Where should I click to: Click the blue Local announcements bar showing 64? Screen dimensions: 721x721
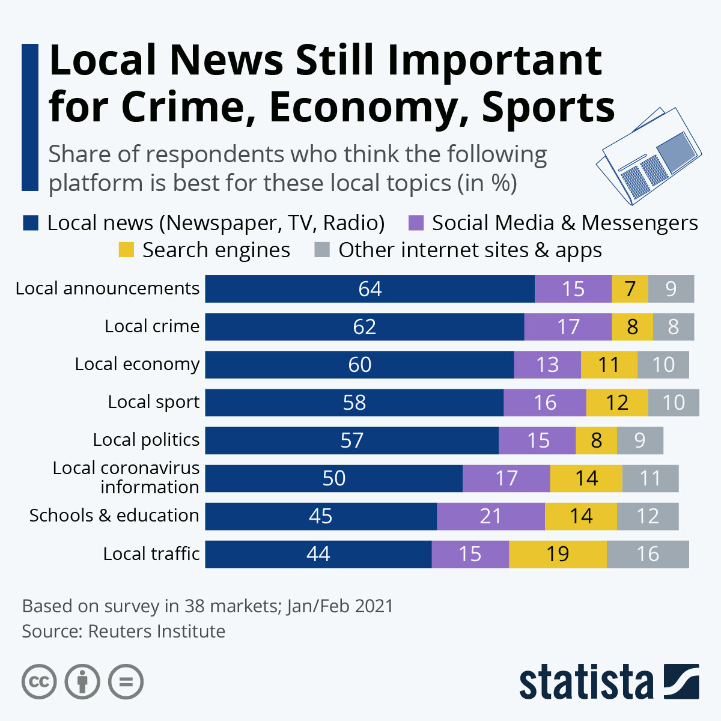370,289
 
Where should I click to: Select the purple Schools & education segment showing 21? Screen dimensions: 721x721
490,516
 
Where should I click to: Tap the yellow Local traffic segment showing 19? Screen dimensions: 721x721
558,554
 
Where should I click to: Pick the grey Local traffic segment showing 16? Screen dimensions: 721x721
648,554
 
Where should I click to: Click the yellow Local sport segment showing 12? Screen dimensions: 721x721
616,403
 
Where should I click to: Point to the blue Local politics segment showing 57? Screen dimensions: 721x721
351,440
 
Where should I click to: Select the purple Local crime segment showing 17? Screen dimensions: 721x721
568,327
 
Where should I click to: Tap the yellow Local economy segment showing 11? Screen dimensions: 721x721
609,365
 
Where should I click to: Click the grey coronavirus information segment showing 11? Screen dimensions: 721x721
650,478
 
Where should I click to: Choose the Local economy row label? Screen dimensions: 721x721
137,364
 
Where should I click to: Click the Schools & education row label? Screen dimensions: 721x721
114,516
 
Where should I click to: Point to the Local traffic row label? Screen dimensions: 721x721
151,553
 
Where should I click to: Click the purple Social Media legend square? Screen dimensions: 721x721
416,224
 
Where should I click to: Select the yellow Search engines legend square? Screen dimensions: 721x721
126,250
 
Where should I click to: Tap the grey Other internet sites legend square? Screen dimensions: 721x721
322,250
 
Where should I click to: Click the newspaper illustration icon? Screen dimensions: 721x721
648,155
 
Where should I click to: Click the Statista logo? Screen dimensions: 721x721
609,683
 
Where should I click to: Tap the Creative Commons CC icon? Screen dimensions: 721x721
39,682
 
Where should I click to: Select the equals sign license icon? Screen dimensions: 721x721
126,682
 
